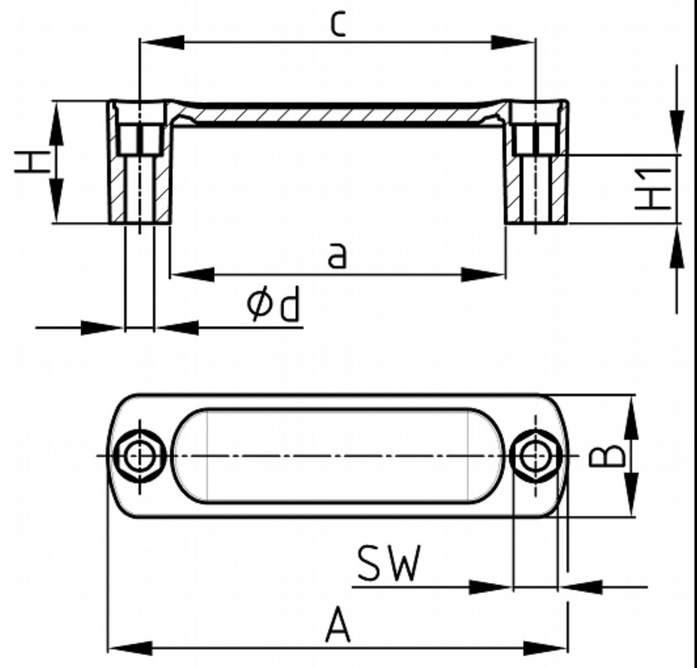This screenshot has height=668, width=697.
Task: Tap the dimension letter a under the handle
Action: click(338, 256)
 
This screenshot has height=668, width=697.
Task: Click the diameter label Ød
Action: click(273, 306)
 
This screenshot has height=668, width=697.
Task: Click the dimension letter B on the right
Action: click(608, 455)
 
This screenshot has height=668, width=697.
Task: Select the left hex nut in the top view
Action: click(139, 456)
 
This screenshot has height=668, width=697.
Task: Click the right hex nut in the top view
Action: click(535, 455)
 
